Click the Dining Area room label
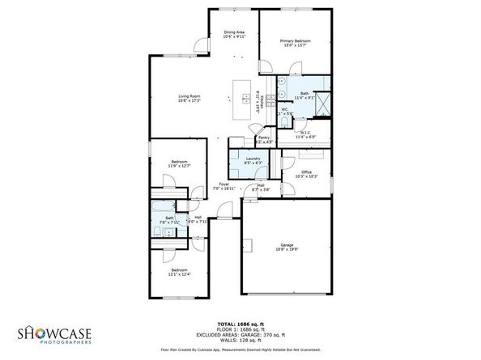[233, 35]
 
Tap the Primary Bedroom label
[295, 43]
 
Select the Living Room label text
[189, 99]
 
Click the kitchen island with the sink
[242, 96]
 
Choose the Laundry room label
[253, 159]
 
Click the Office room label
[306, 173]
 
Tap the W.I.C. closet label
[306, 135]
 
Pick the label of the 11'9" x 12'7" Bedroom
[178, 164]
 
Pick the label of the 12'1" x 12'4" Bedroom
[178, 272]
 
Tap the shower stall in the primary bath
[321, 104]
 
